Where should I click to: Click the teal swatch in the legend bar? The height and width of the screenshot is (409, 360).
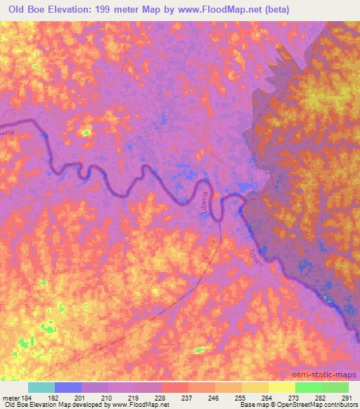[41, 387]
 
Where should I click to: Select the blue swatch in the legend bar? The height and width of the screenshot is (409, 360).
[68, 387]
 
